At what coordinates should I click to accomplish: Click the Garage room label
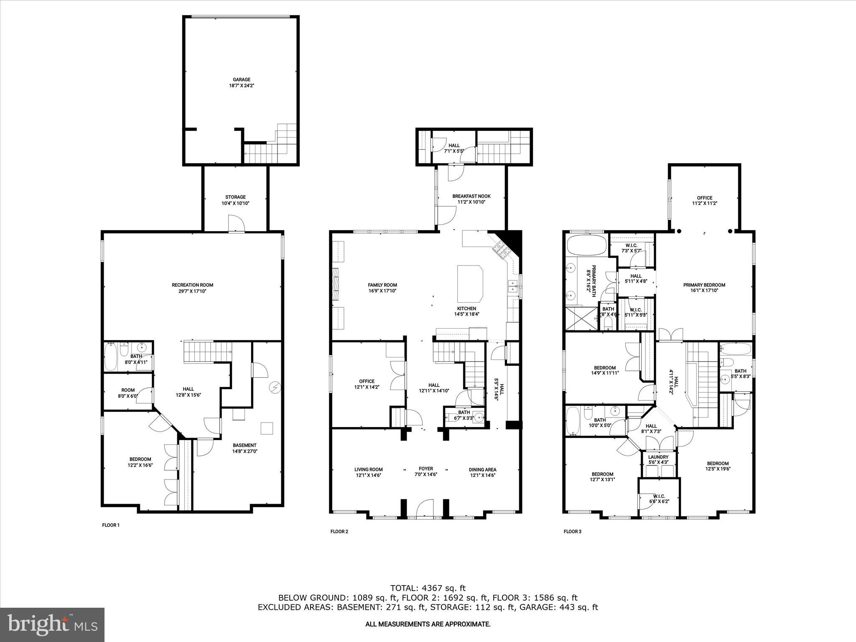tap(242, 82)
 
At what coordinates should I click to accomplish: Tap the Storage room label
tap(235, 200)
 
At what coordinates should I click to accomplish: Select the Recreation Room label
tap(192, 288)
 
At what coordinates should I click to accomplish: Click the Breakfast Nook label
tap(471, 199)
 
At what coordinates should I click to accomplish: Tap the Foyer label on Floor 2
tap(426, 471)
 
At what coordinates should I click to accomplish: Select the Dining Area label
tap(482, 472)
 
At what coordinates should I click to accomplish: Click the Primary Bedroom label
tap(704, 288)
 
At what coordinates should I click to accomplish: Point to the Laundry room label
tap(658, 459)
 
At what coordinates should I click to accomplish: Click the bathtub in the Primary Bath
tap(585, 246)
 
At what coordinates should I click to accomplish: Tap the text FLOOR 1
tap(111, 525)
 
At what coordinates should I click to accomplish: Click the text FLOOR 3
tap(572, 532)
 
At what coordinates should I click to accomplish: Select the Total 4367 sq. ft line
tap(428, 588)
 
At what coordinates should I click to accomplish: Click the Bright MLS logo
tap(52, 624)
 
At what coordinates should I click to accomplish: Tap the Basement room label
tap(245, 448)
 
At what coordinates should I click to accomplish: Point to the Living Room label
tap(369, 472)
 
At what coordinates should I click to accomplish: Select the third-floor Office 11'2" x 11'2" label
tap(704, 200)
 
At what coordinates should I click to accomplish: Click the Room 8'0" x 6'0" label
tap(128, 393)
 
